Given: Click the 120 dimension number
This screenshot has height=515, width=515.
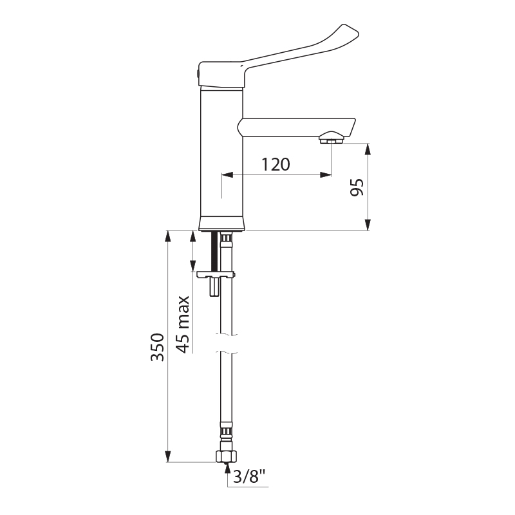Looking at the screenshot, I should coord(276,165).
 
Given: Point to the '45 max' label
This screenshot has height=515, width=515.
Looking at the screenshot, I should coord(183,324).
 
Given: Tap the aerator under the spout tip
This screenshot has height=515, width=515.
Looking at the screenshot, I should coord(332,138).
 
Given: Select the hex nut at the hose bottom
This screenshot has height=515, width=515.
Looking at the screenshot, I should coord(225,456).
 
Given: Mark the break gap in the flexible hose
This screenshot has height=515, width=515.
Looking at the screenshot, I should coord(225,344).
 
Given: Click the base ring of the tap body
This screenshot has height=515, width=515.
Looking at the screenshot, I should coord(222,224).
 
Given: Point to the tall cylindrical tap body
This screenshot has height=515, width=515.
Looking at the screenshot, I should coord(222,154).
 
